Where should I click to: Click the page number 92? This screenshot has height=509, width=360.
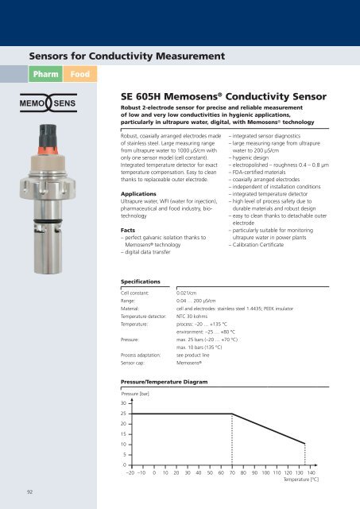coord(29,492)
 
